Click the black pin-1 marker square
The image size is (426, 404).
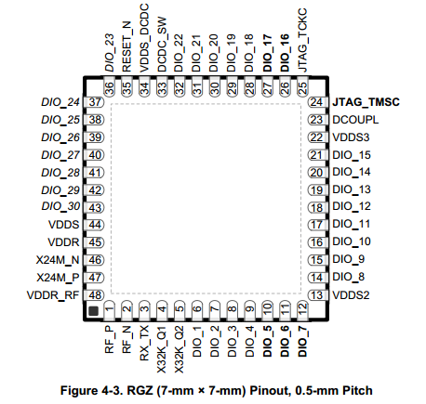point(93,311)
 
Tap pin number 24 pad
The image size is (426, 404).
point(317,102)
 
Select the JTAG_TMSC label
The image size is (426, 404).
point(366,102)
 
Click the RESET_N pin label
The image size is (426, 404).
point(126,46)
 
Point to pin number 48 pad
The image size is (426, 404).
point(94,295)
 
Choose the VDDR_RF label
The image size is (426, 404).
point(53,295)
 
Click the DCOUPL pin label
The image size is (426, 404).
point(355,120)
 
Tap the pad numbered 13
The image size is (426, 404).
point(317,295)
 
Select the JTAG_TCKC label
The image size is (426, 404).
point(302,40)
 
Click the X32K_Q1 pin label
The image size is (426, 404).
point(162,349)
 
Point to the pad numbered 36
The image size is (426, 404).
point(109,86)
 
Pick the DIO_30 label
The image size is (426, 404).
point(60,206)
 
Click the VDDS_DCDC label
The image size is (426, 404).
point(144,38)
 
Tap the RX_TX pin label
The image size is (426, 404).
point(144,344)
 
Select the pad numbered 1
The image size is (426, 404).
point(109,310)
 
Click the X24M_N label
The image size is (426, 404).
point(58,260)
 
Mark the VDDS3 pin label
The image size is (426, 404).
point(351,137)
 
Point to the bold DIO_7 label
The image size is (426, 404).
point(302,342)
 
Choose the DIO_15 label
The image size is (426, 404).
point(352,155)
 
